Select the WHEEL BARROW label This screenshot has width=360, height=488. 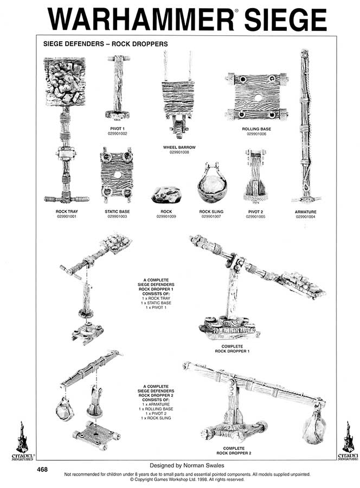click(x=179, y=147)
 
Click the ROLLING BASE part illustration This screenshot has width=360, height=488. click(x=256, y=99)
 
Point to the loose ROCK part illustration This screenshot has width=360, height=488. click(x=166, y=195)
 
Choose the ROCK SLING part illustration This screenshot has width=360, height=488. click(x=211, y=182)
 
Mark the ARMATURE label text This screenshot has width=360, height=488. click(x=306, y=212)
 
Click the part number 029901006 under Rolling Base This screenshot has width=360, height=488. click(x=256, y=133)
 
